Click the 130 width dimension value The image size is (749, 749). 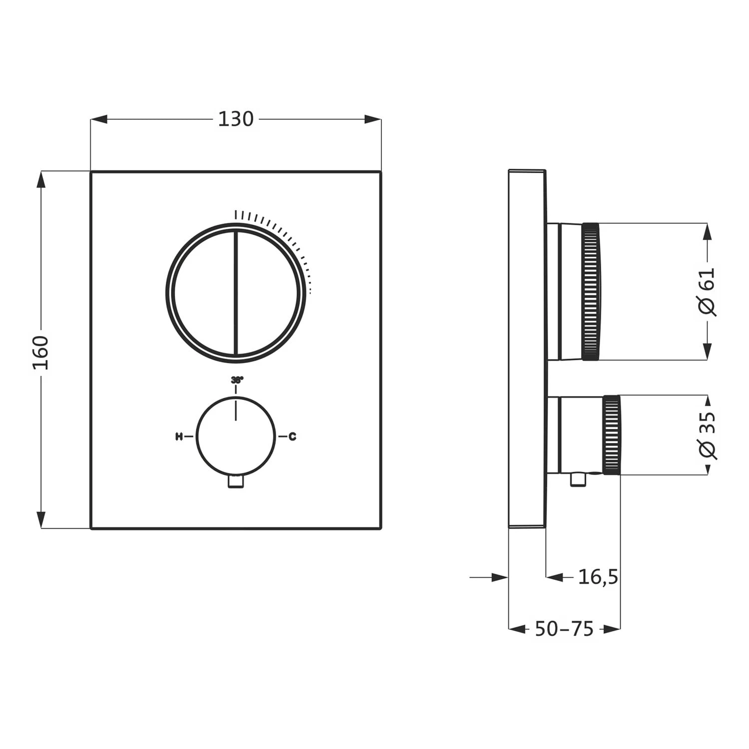pos(236,119)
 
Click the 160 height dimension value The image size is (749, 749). pos(41,353)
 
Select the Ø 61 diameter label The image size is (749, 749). pos(707,291)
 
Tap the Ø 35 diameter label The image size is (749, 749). pos(707,435)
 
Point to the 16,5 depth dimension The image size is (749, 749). pos(598,577)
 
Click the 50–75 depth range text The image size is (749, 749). pos(564,629)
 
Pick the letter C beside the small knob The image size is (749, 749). pos(293,437)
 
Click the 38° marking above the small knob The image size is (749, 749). pos(237,380)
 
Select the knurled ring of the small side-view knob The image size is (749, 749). pos(612,435)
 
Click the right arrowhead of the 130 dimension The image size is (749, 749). pos(373,119)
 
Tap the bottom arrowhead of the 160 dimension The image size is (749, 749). pos(41,520)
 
